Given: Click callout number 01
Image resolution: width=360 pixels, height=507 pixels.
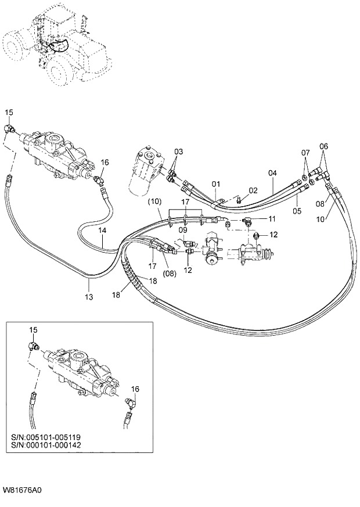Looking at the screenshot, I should coord(215,185).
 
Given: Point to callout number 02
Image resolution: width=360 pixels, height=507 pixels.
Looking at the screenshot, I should coord(253,190).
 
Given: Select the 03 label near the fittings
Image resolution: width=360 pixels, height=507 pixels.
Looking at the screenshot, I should coord(179,152).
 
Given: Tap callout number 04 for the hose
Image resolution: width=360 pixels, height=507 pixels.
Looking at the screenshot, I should coord(273,173).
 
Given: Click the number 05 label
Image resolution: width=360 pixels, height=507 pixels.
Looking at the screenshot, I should coord(297,211).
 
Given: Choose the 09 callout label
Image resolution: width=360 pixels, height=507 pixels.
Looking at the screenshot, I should coord(183,230).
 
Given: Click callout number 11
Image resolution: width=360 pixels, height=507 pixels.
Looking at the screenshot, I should coord(271,218).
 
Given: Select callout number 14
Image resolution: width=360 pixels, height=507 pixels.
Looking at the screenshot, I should coord(102,231).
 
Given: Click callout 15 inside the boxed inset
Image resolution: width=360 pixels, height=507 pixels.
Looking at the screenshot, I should coord(33,329).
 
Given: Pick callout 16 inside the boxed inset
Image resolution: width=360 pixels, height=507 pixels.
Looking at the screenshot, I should coord(135,389).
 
